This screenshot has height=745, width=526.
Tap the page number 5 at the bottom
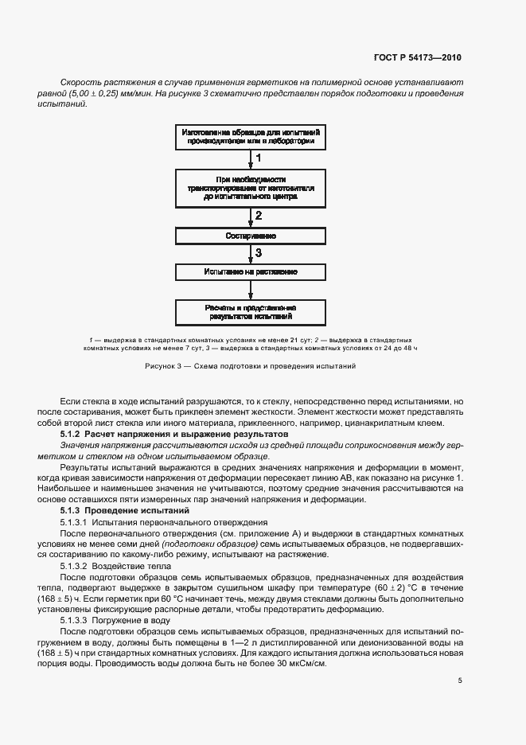click(x=460, y=681)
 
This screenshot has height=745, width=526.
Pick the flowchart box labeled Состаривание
click(x=251, y=236)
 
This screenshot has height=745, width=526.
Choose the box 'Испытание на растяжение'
click(x=251, y=272)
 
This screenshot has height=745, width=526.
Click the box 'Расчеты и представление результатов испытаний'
click(x=251, y=311)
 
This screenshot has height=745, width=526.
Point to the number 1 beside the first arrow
click(x=258, y=158)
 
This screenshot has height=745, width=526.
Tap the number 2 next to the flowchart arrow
click(x=258, y=216)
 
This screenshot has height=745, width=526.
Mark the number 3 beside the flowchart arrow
click(x=258, y=253)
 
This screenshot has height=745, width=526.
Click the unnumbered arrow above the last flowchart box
click(x=250, y=290)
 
